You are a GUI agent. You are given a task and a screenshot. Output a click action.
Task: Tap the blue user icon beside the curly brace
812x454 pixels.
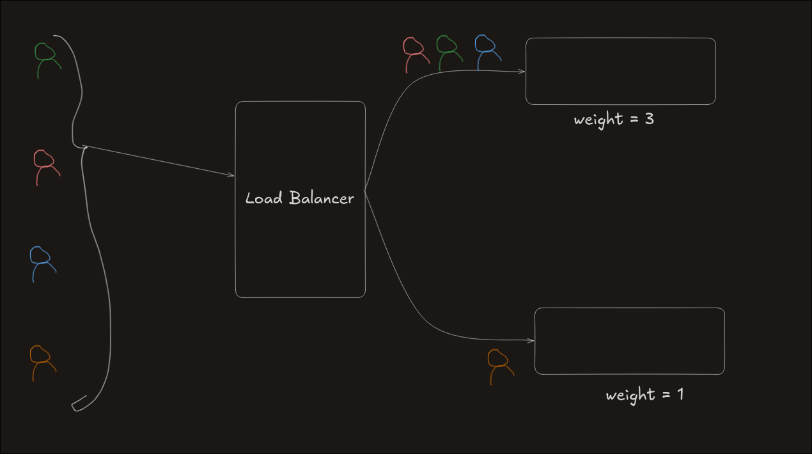pos(42,263)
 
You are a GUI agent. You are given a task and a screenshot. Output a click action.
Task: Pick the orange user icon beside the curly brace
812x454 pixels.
pos(42,363)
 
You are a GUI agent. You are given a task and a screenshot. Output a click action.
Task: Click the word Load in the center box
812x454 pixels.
pos(264,198)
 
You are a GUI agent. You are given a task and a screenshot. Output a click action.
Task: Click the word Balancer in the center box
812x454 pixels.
pos(321,198)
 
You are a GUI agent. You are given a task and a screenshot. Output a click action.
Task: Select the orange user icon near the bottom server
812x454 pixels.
pos(499,366)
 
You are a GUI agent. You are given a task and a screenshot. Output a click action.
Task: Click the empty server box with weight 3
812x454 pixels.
pos(620,71)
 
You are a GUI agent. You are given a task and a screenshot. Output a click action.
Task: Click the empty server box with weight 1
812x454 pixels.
pos(629,341)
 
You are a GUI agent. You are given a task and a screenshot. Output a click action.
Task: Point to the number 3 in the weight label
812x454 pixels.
pos(649,119)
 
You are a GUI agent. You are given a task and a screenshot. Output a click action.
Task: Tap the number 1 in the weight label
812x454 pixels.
pos(680,394)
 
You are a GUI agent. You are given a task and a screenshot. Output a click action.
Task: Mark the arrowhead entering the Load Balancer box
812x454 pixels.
pos(231,175)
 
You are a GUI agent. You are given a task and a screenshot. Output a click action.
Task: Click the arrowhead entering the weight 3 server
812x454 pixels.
pos(522,72)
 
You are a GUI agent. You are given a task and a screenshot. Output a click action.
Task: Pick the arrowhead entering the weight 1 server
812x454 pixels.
pos(531,341)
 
